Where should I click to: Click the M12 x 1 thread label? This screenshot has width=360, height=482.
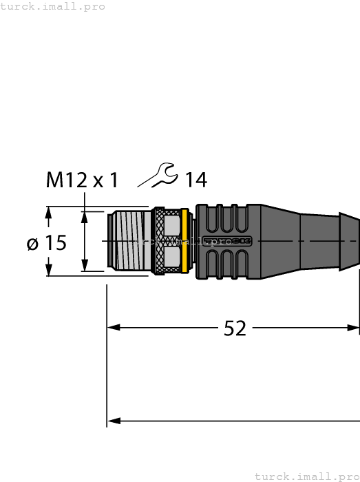[82, 180]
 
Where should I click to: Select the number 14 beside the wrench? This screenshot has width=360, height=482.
[195, 180]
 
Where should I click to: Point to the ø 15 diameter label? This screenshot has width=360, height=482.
[46, 243]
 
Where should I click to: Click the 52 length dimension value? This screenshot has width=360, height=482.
[235, 329]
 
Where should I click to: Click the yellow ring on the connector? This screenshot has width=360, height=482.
[184, 241]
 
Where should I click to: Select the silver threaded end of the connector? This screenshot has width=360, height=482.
[129, 241]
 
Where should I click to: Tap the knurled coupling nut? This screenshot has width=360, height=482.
[166, 241]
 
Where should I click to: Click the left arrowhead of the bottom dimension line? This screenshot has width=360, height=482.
[113, 421]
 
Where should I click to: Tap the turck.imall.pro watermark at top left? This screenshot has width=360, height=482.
[53, 6]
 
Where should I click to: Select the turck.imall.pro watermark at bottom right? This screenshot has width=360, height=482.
[306, 476]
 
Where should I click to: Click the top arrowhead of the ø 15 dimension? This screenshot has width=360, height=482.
[48, 215]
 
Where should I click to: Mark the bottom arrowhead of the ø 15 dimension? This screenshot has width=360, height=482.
[48, 268]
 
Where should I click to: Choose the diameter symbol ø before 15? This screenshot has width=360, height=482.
[32, 244]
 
